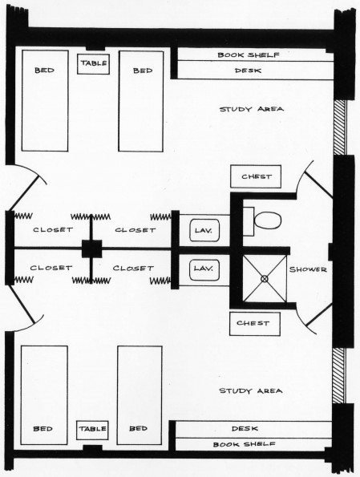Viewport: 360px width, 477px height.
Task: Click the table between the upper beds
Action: click(x=93, y=63)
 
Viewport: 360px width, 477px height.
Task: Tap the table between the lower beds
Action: click(x=92, y=429)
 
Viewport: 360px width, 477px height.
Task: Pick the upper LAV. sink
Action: click(x=202, y=231)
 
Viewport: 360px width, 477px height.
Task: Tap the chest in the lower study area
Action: click(x=254, y=324)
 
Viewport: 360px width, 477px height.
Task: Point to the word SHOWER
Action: click(x=309, y=269)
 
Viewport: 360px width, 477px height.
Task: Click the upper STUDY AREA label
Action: click(x=251, y=108)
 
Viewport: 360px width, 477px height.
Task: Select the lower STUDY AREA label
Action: click(x=251, y=390)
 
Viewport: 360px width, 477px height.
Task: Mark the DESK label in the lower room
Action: click(x=243, y=428)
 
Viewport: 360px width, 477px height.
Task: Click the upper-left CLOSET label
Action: click(x=51, y=230)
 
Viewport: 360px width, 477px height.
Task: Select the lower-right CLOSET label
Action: click(x=133, y=268)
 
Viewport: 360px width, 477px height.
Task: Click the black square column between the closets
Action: click(x=91, y=249)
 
